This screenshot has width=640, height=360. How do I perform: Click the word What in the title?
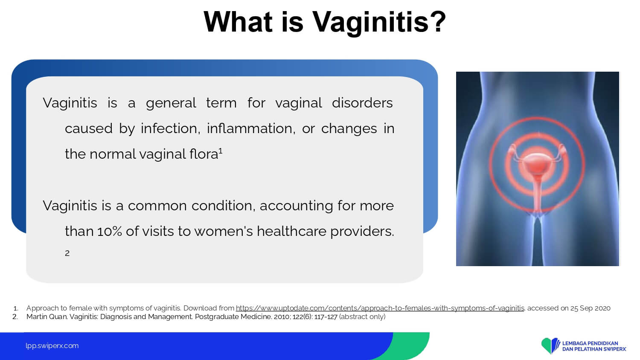[238, 22]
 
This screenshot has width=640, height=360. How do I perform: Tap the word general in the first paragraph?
[171, 103]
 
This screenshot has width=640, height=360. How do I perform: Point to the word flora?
[204, 154]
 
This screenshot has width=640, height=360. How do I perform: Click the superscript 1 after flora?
[221, 151]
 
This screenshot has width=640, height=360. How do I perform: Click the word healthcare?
[291, 231]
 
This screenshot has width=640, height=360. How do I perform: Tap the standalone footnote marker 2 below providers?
[67, 253]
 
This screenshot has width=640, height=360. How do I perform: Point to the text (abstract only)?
[362, 317]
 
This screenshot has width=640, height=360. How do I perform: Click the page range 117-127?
[326, 317]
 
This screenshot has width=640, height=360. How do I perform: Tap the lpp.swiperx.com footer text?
[52, 346]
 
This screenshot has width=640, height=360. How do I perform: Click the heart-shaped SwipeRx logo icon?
[550, 346]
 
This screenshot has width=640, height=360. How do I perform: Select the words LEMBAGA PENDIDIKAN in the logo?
[590, 343]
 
